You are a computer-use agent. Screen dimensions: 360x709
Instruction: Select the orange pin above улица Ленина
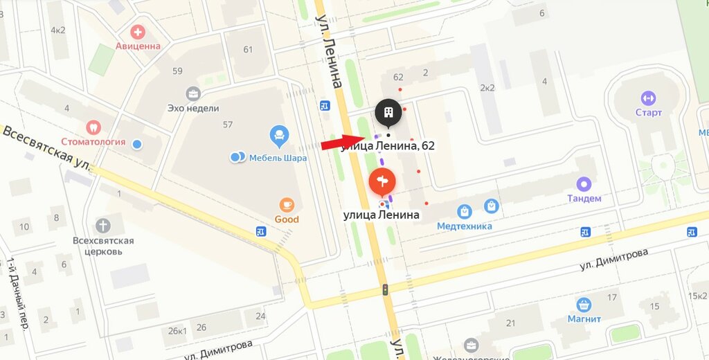tap(382, 183)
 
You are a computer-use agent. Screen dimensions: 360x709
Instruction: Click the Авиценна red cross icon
tap(138, 32)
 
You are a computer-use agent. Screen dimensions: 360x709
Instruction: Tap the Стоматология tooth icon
tap(92, 127)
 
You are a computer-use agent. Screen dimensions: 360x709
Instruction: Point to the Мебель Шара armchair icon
tap(279, 133)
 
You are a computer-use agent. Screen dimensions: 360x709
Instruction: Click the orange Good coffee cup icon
tap(287, 204)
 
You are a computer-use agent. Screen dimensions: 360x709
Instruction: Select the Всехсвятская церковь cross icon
tap(103, 226)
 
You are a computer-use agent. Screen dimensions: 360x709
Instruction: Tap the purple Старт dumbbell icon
tap(648, 98)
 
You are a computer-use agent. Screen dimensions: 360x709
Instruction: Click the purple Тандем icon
tap(584, 184)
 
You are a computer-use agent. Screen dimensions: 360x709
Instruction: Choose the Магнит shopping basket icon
tap(584, 304)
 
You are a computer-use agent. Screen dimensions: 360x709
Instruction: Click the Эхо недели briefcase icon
tap(193, 93)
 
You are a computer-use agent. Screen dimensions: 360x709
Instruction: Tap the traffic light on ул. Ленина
tap(385, 290)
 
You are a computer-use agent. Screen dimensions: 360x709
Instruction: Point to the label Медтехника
tap(465, 226)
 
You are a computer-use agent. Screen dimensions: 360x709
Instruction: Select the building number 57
tap(228, 125)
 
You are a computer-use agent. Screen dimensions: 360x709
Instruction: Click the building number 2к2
tap(487, 87)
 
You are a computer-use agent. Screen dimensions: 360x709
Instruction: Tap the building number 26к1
tap(177, 331)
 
